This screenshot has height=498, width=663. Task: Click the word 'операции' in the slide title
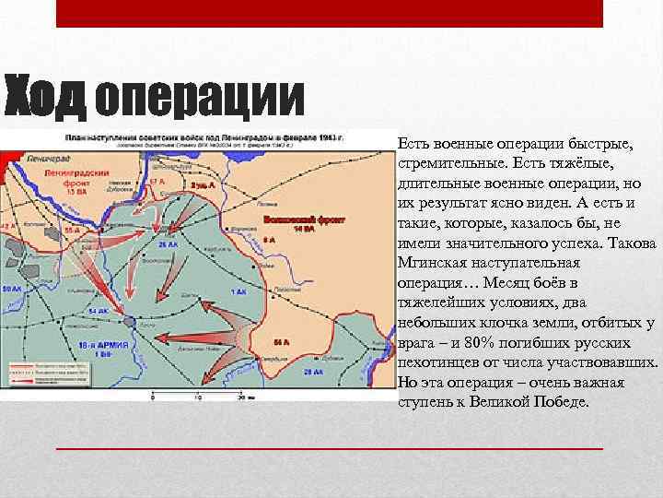[199, 95]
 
